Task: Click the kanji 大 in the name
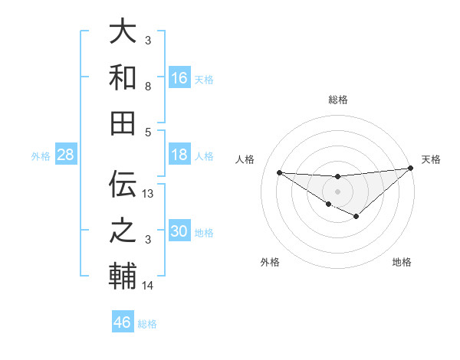coord(123,33)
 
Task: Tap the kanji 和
coord(123,77)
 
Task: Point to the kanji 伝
coord(123,183)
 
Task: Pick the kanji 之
coord(123,229)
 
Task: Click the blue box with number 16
coord(179,78)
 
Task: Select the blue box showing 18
coord(179,155)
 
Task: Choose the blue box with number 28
coord(66,155)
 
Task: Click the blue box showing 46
coord(123,322)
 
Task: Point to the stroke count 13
coord(149,194)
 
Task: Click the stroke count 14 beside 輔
coord(149,286)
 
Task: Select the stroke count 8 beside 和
coord(147,87)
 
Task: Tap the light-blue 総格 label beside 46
coord(147,324)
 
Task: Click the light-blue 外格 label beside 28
coord(41,156)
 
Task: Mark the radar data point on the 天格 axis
coord(411,169)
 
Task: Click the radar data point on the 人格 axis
coord(279,172)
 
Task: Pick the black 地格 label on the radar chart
coord(402,262)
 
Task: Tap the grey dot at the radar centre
coord(337,191)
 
